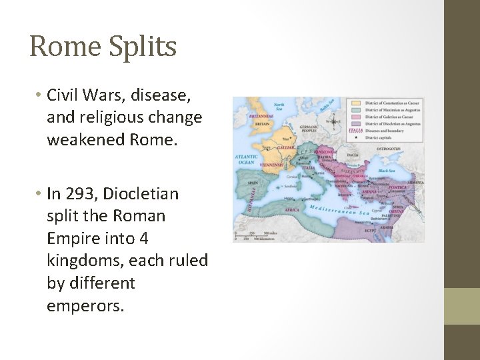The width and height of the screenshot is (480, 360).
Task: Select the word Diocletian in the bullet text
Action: point(146,194)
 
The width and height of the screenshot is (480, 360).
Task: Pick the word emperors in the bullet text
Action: point(85,305)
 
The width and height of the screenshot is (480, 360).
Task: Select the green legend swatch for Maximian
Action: point(356,110)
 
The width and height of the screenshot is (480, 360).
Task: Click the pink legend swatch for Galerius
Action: point(356,117)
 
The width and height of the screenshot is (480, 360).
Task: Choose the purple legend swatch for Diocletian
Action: point(356,124)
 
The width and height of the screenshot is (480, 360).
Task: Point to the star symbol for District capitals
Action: point(356,138)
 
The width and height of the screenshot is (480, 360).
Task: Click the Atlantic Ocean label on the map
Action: point(247,159)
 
